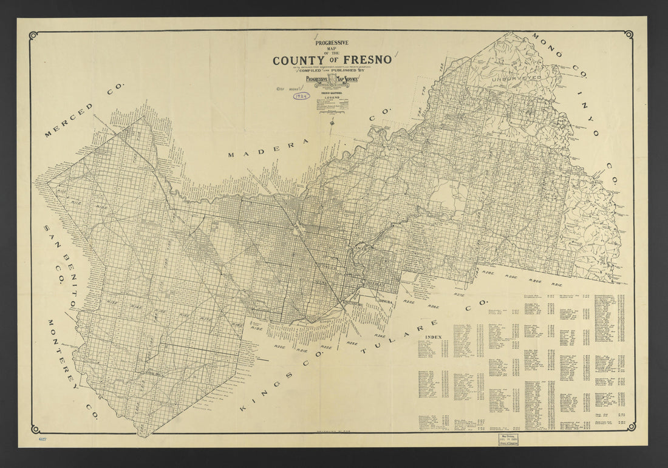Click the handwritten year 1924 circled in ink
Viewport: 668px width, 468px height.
pyautogui.click(x=301, y=96)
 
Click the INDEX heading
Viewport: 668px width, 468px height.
pyautogui.click(x=434, y=336)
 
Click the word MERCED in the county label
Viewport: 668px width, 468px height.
pyautogui.click(x=69, y=120)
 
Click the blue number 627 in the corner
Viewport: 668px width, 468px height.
pyautogui.click(x=42, y=438)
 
